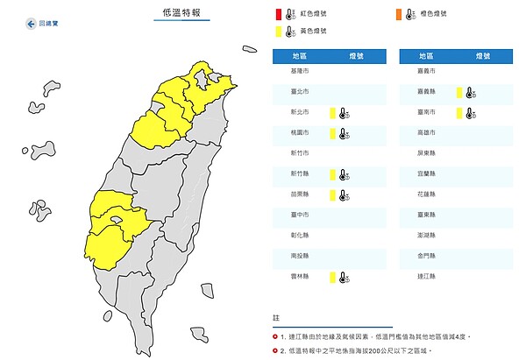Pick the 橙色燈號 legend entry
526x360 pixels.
tap(425, 14)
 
